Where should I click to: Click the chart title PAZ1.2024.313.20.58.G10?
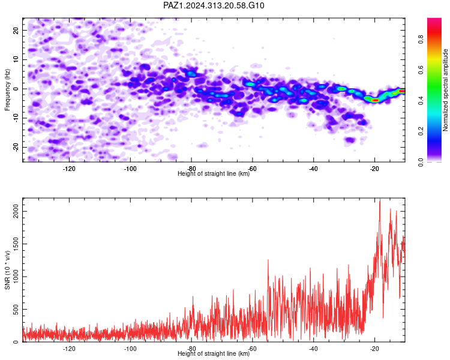coord(214,5)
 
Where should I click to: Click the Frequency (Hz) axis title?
coord(7,90)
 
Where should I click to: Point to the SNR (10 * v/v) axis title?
coord(7,270)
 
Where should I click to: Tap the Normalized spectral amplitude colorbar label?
coord(445,90)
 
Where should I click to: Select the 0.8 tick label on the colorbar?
coord(421,39)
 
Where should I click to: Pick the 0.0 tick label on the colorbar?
coord(421,162)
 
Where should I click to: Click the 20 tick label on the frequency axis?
coord(16,30)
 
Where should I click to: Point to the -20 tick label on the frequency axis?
coord(16,147)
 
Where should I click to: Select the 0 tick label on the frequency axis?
coord(16,89)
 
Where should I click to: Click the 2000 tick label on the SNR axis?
coord(16,212)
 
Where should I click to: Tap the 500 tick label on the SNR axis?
coord(16,310)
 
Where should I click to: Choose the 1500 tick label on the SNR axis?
coord(16,244)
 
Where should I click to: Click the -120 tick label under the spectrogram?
coord(69,169)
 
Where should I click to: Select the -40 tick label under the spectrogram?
coord(313,169)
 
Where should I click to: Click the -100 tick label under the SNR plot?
coord(130,349)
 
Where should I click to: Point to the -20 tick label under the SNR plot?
coord(374,349)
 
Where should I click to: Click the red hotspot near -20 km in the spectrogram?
coord(376,100)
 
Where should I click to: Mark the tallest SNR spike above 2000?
coord(380,199)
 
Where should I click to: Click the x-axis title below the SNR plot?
coord(214,353)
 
